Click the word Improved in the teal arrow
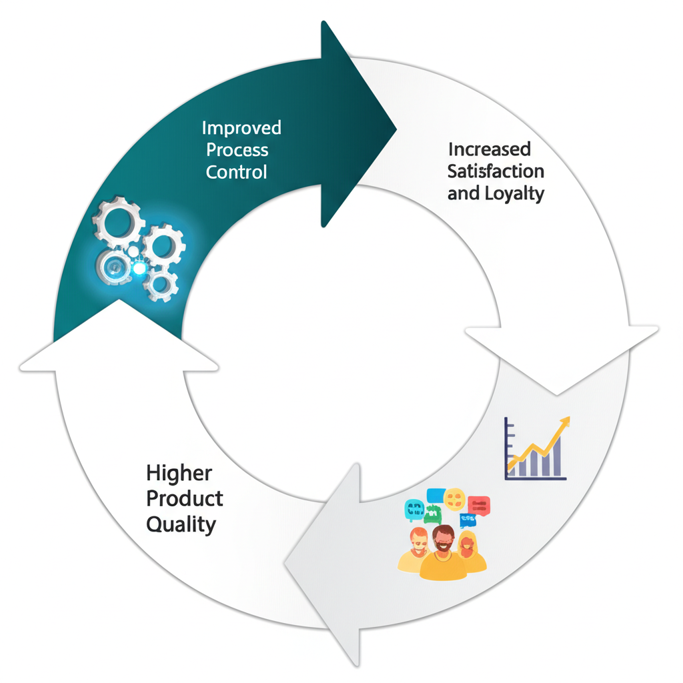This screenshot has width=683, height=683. [x=241, y=128]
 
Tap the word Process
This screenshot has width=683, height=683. [x=237, y=149]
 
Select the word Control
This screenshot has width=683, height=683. [x=236, y=171]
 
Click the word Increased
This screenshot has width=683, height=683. [x=490, y=149]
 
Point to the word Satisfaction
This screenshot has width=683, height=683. [x=496, y=171]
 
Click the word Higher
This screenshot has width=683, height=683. [x=179, y=474]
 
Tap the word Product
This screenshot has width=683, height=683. [x=185, y=498]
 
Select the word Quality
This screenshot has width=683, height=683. [x=181, y=524]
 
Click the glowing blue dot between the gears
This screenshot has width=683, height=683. [x=139, y=268]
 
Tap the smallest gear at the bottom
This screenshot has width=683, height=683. [x=161, y=285]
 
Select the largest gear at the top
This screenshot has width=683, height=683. [x=119, y=221]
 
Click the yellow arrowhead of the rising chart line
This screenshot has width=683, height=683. [x=566, y=422]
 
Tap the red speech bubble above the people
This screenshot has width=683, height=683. [x=479, y=505]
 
